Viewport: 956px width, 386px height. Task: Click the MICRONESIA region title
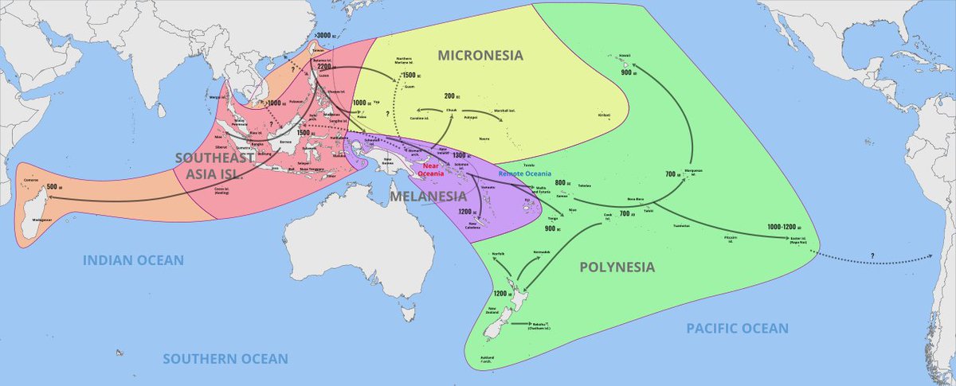480,55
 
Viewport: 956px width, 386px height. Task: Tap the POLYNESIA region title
617,267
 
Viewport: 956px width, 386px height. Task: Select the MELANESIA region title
428,197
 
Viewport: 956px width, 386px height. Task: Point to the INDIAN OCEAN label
134,260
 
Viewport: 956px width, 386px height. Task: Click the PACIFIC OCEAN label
737,328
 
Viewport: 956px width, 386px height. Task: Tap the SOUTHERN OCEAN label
225,359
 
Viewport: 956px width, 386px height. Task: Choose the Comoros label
30,181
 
